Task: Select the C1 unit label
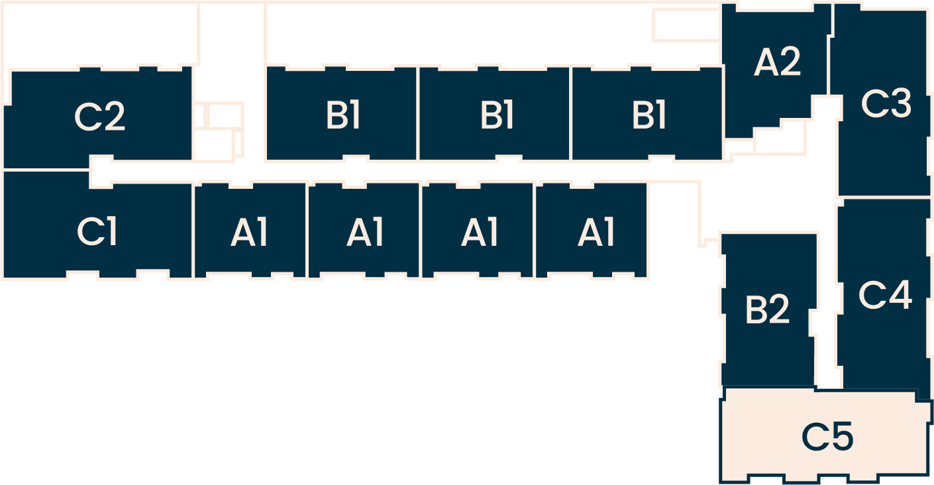click(x=97, y=231)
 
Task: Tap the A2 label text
click(x=778, y=62)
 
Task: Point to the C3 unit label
click(x=886, y=104)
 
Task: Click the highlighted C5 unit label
click(x=827, y=437)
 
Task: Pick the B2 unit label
click(x=767, y=309)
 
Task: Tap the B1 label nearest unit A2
click(x=649, y=116)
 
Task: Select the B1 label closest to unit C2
click(x=342, y=116)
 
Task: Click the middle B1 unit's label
click(x=497, y=116)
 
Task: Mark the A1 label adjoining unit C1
click(x=250, y=233)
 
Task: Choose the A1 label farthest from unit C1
click(x=596, y=233)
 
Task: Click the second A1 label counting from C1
click(x=365, y=233)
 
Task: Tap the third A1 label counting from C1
click(x=480, y=233)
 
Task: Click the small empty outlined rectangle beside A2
click(x=685, y=25)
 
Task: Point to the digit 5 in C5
click(x=841, y=437)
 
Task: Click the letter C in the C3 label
click(x=873, y=104)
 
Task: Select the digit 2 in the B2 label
click(x=779, y=309)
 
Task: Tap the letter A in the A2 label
click(x=765, y=62)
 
